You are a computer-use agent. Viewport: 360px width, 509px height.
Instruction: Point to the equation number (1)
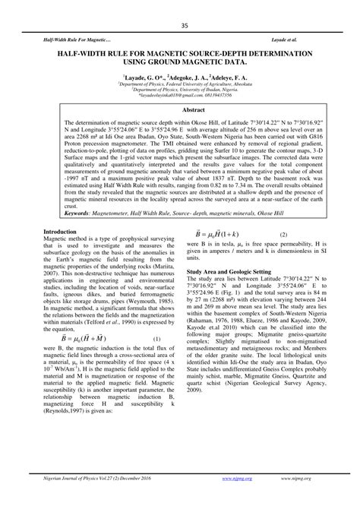pyautogui.click(x=156, y=339)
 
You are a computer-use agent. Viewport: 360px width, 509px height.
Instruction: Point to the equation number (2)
pyautogui.click(x=283, y=236)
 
